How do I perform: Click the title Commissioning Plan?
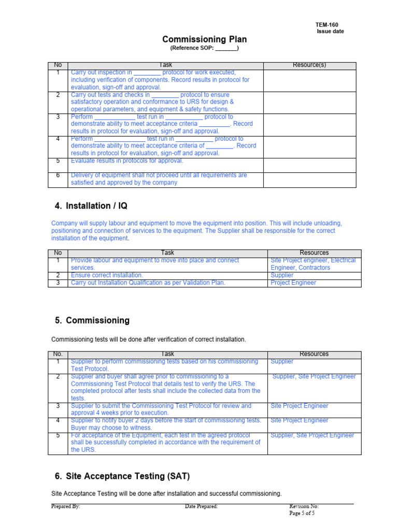coord(204,39)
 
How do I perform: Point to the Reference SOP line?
coord(204,48)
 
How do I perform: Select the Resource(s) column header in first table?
coord(309,65)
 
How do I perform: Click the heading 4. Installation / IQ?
coord(91,206)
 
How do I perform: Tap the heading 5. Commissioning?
coord(92,320)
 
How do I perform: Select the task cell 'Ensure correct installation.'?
coord(107,275)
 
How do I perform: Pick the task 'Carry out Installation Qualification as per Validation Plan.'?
coord(148,283)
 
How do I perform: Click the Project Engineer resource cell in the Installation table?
coord(293,283)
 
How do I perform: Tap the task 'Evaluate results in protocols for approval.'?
coord(127,161)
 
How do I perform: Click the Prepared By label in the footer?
coord(66,506)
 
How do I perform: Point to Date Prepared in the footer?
coord(201,506)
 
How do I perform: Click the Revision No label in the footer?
coord(304,506)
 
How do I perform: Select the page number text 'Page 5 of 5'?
coord(302,513)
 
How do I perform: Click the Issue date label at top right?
coord(330,32)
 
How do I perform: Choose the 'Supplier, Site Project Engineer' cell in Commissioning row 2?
coord(314,377)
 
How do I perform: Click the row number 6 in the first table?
coord(58,175)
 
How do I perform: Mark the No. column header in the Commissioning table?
coord(58,354)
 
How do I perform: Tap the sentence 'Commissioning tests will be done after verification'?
coord(148,340)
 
